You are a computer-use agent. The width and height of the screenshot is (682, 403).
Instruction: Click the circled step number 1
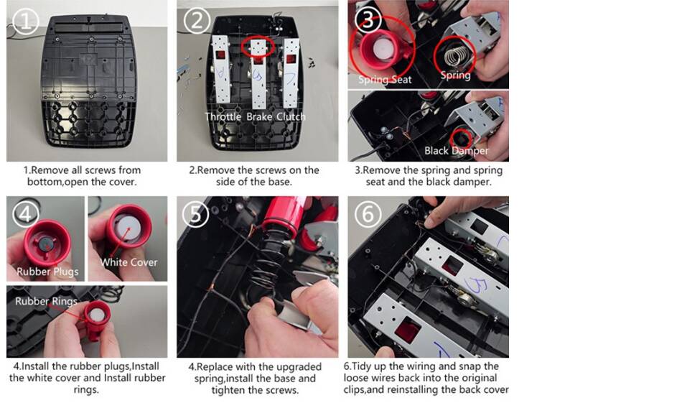click(x=26, y=21)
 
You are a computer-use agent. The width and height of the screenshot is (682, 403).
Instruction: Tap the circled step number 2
click(x=197, y=20)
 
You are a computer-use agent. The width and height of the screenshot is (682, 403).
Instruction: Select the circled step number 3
click(x=368, y=19)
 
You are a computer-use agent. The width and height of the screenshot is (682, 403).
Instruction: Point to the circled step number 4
click(x=25, y=213)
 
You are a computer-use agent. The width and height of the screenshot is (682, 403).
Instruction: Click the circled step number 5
click(x=196, y=213)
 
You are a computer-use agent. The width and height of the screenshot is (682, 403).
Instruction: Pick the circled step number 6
click(x=368, y=213)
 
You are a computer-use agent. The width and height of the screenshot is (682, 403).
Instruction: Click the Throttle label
click(x=223, y=116)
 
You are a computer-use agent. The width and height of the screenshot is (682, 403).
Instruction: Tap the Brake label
click(x=259, y=116)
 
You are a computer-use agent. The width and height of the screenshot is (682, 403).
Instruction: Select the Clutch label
click(x=291, y=116)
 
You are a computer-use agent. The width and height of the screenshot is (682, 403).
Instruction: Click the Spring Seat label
click(x=385, y=80)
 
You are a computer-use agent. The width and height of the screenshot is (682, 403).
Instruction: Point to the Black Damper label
click(x=457, y=151)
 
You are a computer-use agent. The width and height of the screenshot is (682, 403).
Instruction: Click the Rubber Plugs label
click(x=47, y=272)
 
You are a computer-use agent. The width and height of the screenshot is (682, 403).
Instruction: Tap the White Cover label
click(x=129, y=262)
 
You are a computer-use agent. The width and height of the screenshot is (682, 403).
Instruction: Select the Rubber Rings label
click(x=46, y=301)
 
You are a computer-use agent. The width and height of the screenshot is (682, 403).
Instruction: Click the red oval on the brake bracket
click(x=258, y=46)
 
